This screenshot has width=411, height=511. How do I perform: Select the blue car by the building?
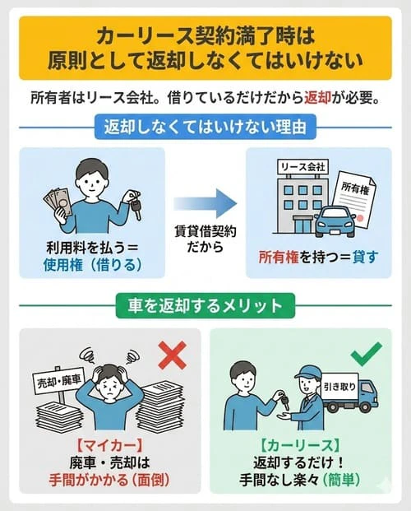336,221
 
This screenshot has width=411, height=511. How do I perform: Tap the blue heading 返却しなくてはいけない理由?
205,129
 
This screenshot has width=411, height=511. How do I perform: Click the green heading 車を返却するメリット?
205,305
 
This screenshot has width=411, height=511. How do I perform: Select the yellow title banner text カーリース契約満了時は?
205,35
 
